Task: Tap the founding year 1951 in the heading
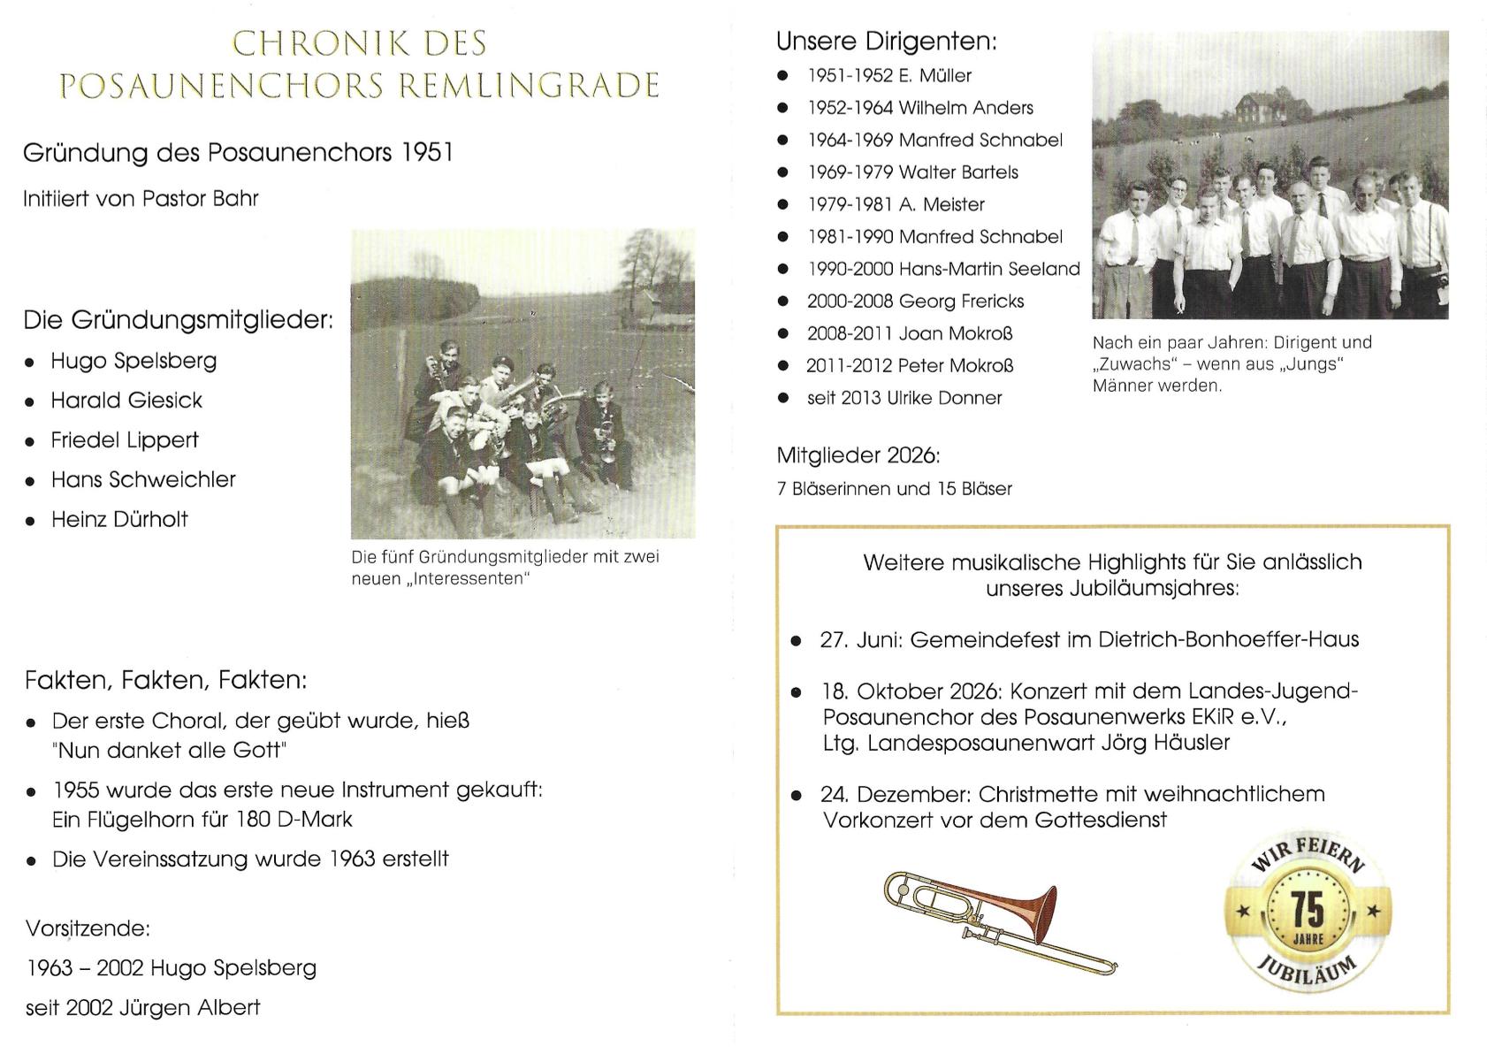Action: coord(427,153)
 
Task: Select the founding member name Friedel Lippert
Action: coord(125,440)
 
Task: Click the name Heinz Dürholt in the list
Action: coord(119,519)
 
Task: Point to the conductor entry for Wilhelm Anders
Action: coord(965,108)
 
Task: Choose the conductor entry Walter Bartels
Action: coord(958,172)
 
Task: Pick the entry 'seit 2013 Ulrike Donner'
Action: coord(904,398)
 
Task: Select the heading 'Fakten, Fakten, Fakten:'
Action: coord(166,680)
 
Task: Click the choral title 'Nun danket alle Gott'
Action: coord(171,751)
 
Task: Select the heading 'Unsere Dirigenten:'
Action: coord(886,42)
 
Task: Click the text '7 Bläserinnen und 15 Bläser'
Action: coord(894,489)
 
